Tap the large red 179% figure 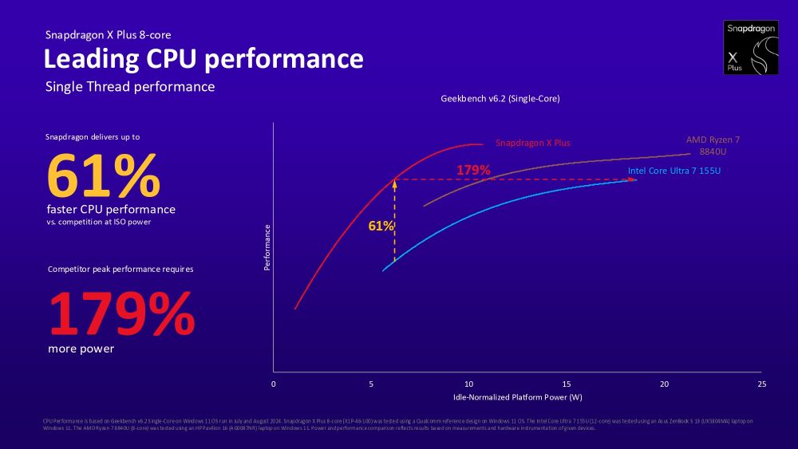[121, 314]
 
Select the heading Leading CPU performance [203, 59]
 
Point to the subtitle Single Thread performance [130, 87]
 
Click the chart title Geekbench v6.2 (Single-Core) [500, 100]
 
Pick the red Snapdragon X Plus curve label [533, 143]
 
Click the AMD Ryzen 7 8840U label [713, 144]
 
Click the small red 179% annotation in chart [473, 170]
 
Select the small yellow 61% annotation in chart [381, 226]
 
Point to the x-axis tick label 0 [274, 384]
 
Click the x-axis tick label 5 [371, 384]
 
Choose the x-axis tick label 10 [468, 384]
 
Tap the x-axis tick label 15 [567, 384]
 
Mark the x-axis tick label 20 [664, 384]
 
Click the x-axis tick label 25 [761, 384]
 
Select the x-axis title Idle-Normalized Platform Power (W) [517, 397]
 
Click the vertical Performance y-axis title [267, 246]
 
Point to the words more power [81, 349]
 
